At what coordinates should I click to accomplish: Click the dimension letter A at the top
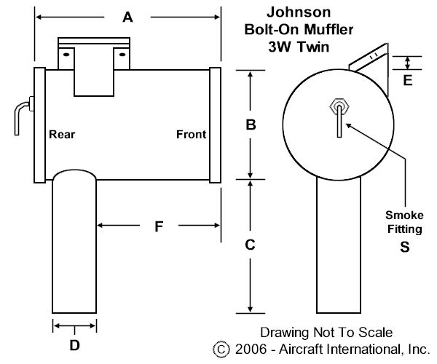127,17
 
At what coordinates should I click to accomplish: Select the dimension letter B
251,124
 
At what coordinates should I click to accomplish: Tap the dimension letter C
250,245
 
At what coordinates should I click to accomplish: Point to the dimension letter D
74,345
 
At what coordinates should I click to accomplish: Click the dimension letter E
408,80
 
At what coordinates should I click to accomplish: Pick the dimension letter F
159,226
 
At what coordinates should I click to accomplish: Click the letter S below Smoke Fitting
405,247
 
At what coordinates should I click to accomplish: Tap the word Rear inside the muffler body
62,135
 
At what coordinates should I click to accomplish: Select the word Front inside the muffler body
191,135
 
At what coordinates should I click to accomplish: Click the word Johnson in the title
299,12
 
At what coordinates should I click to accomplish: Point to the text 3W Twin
299,47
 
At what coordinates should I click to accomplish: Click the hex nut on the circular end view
339,106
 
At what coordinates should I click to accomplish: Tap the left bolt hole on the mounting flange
66,55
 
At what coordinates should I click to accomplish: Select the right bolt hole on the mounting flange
122,55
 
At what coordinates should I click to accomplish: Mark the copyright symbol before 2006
221,349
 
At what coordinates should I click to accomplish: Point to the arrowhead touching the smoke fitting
349,126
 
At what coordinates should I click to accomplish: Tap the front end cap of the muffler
215,125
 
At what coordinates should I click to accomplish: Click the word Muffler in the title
328,30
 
